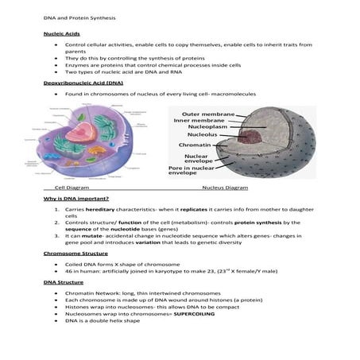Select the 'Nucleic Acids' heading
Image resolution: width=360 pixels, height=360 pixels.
[x=60, y=34]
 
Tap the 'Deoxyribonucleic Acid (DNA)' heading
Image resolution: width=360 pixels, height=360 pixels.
[x=83, y=83]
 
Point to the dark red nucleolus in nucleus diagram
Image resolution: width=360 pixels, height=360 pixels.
[x=256, y=135]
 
